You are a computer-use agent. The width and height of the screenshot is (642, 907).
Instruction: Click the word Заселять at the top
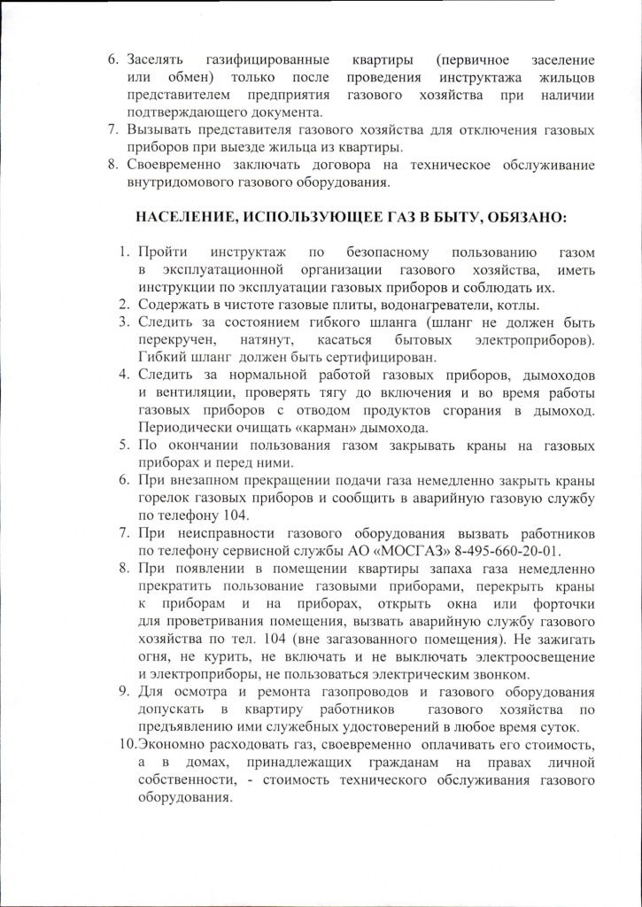coord(155,59)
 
